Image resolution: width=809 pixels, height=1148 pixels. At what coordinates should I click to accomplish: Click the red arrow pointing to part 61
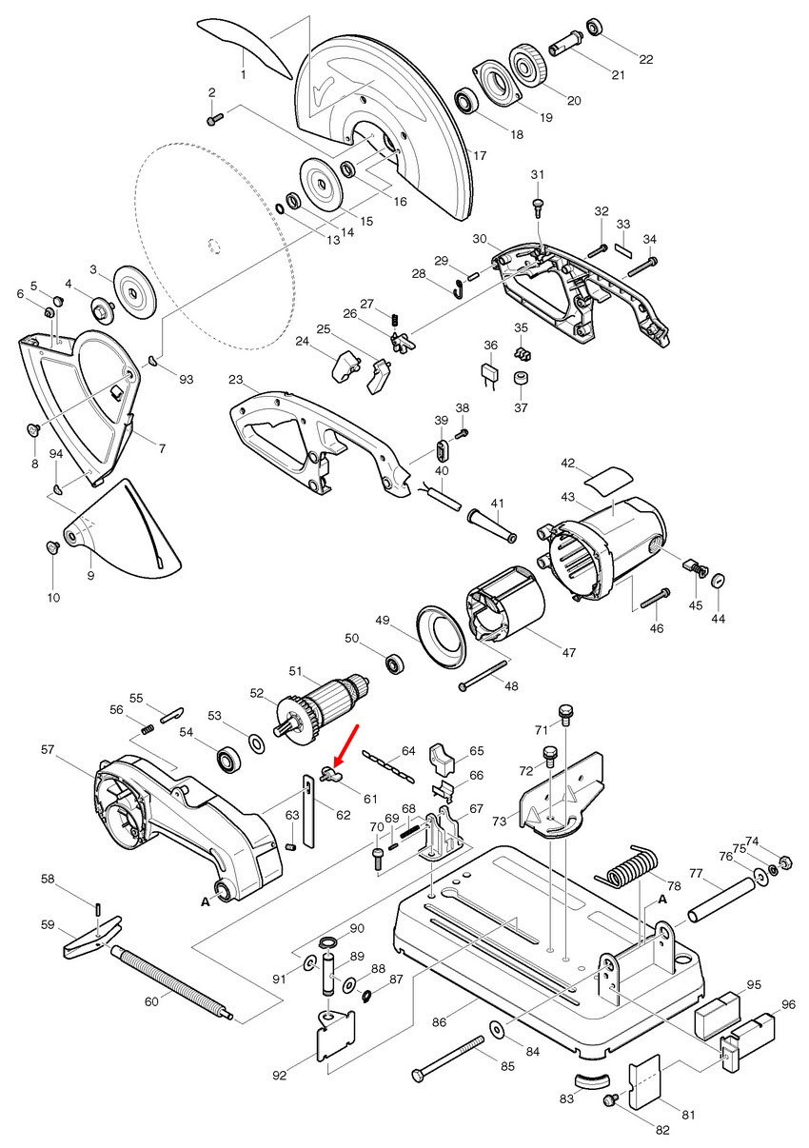346,742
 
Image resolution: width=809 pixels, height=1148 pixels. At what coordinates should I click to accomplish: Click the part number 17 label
479,155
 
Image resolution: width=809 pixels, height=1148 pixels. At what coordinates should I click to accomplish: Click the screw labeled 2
214,118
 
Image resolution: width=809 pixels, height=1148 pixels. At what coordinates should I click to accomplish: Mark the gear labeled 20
526,65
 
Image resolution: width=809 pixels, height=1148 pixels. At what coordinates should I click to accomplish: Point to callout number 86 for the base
439,1022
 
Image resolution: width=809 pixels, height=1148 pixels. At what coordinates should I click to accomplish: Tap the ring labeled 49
440,637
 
